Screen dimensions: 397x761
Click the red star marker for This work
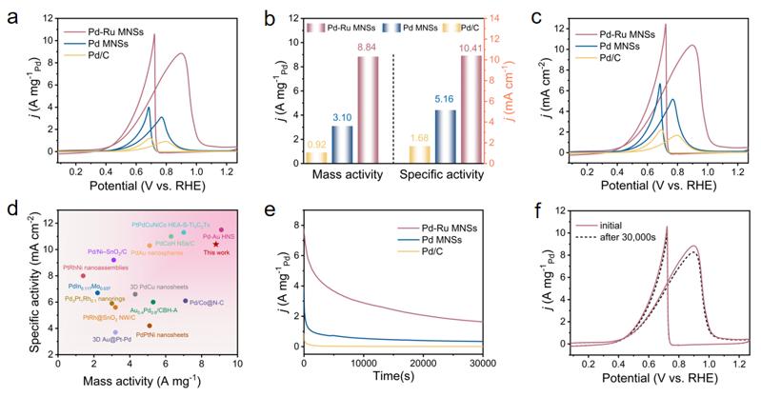click(x=216, y=244)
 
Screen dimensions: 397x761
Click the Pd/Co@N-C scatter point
click(x=185, y=301)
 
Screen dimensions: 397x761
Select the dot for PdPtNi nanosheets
click(x=149, y=326)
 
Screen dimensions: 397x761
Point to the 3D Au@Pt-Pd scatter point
click(x=116, y=332)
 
